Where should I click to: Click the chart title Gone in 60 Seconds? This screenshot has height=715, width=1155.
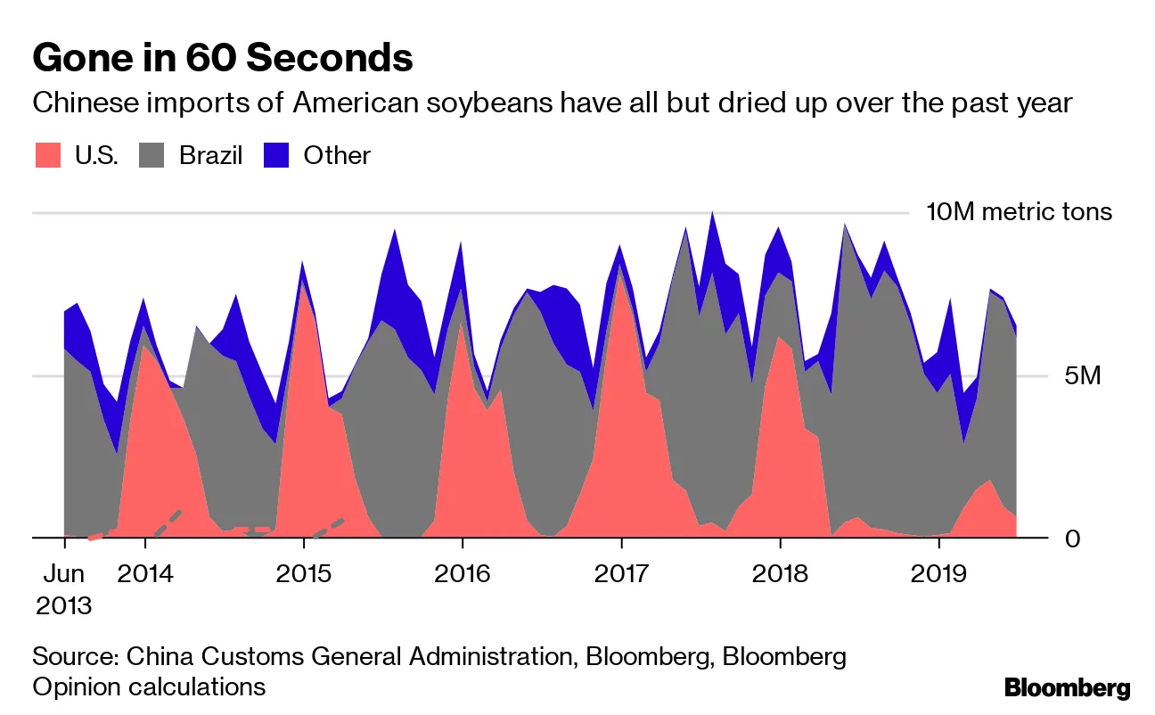(222, 59)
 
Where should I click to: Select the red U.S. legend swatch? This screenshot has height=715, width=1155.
(48, 155)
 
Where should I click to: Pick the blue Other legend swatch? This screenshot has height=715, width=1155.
(277, 155)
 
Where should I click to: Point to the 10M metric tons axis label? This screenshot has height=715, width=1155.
(1019, 212)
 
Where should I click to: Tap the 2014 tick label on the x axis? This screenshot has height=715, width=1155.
(145, 573)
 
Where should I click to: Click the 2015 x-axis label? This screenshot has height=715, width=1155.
(304, 573)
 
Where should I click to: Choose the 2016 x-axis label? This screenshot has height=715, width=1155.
(463, 573)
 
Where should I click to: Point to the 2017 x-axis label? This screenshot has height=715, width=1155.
(621, 573)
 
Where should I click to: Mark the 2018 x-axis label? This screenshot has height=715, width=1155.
(780, 573)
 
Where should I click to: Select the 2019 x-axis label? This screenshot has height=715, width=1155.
(938, 573)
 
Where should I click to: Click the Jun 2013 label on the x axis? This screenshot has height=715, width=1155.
(64, 588)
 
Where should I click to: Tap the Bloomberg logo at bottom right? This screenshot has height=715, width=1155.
(1067, 687)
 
